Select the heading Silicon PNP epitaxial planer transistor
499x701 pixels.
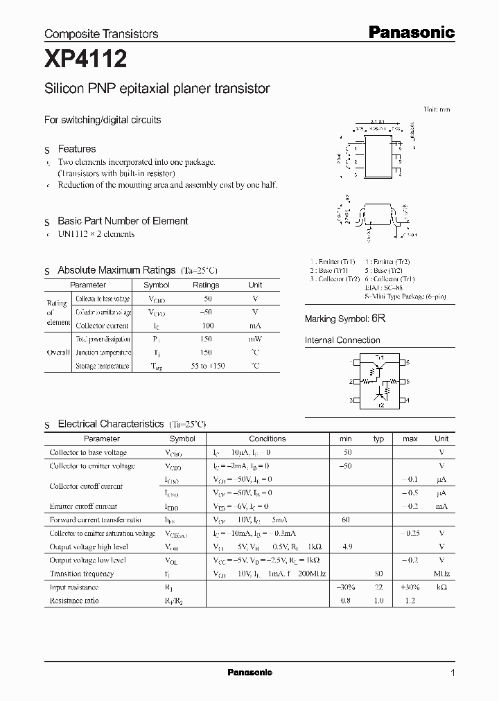(157, 89)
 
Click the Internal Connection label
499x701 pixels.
(342, 340)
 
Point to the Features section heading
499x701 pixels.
(76, 149)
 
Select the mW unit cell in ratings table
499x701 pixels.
(255, 339)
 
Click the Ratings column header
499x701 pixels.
(205, 285)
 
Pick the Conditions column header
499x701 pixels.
(267, 438)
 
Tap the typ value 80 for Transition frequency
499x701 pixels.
(378, 574)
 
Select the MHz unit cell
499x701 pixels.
(441, 574)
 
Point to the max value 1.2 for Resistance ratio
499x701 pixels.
(410, 601)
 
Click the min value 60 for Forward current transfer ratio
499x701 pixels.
(345, 520)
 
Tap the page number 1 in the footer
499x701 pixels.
(453, 673)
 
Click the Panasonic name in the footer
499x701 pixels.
(249, 673)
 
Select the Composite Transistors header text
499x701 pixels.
(101, 33)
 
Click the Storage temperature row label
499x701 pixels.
(103, 366)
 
